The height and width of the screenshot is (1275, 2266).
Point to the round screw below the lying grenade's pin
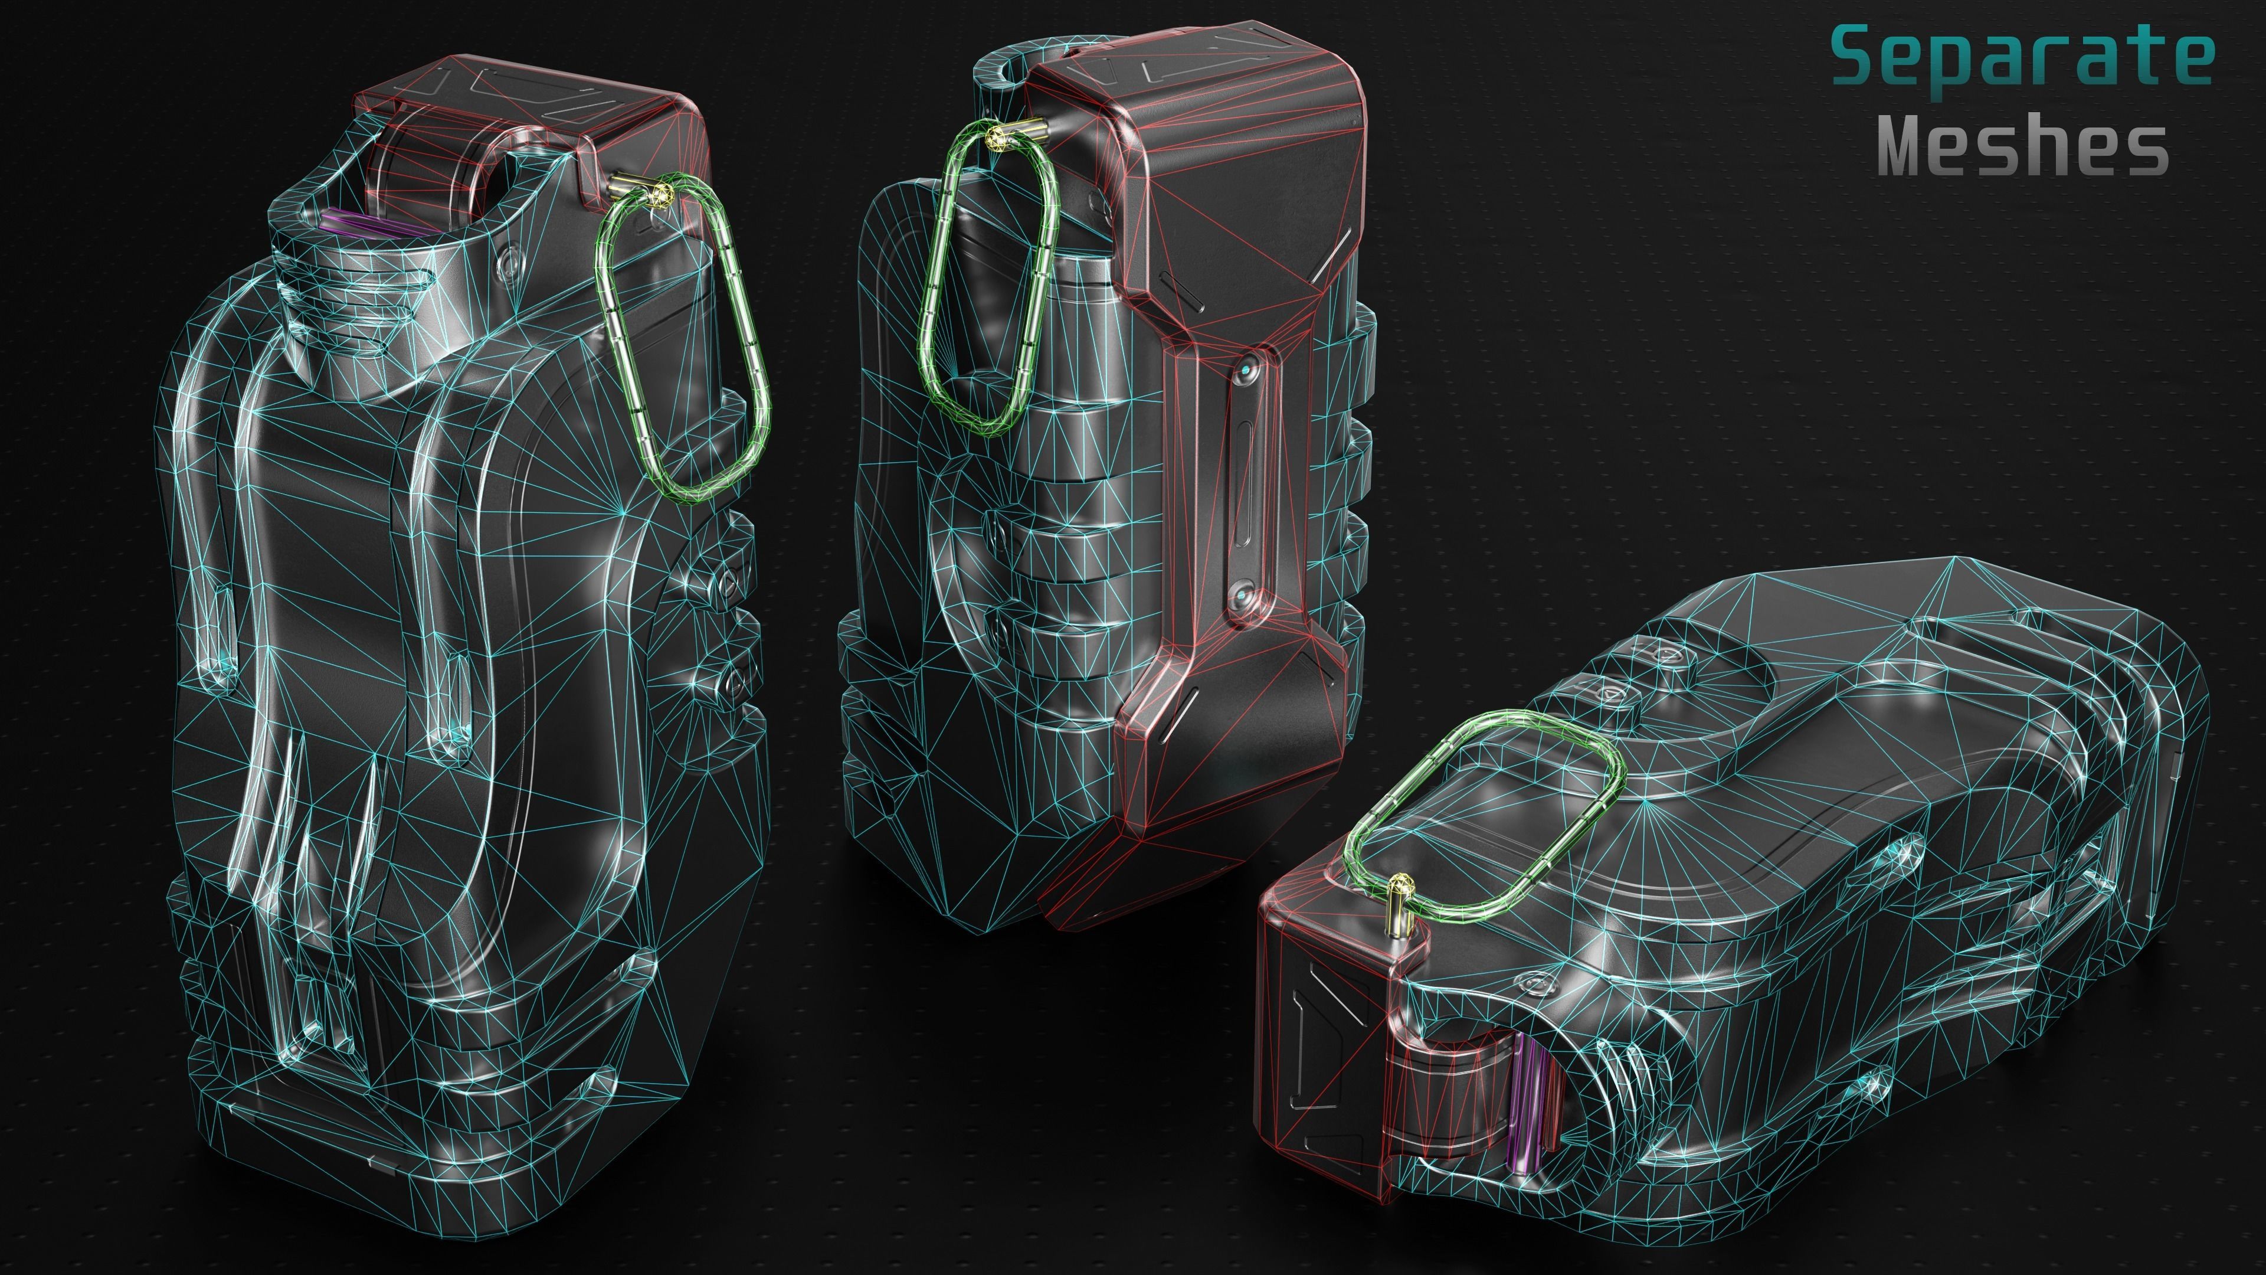1531,979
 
